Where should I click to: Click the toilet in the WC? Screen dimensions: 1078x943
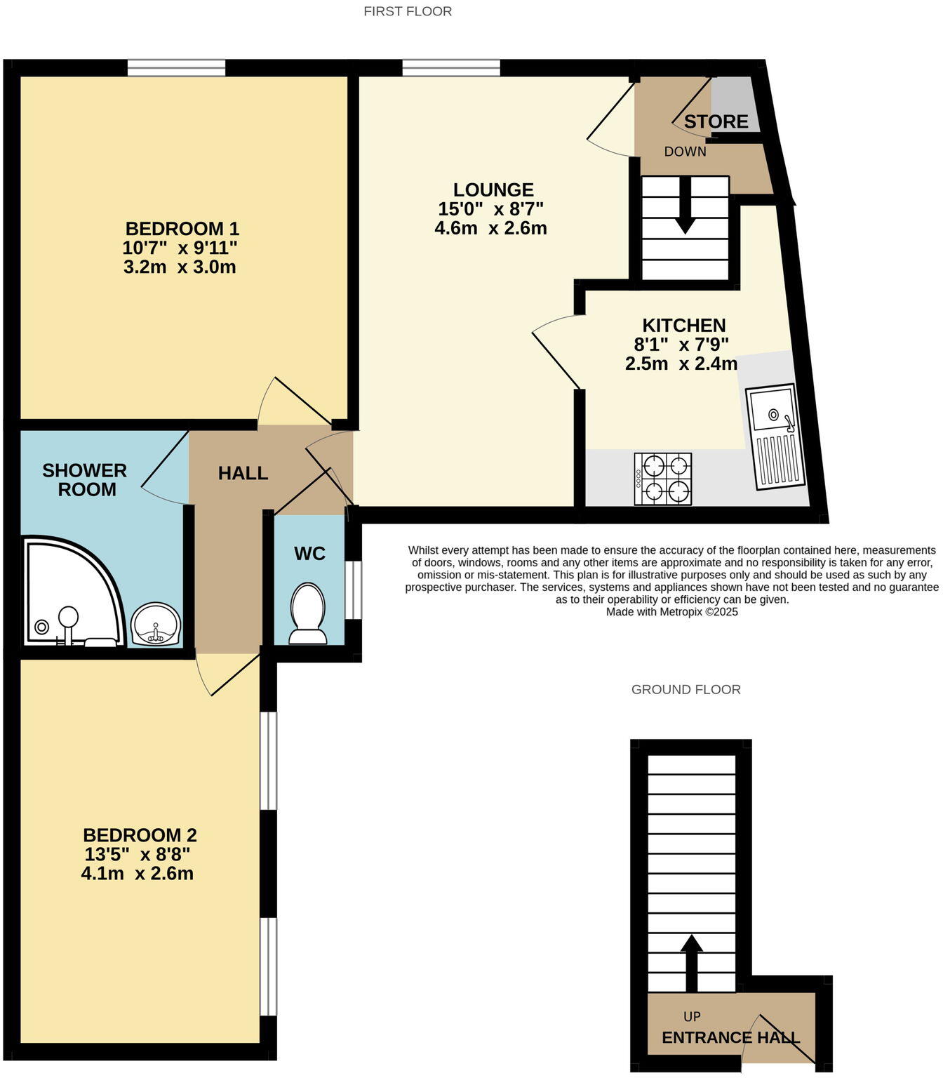[307, 612]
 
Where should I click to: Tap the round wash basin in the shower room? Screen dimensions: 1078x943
[156, 624]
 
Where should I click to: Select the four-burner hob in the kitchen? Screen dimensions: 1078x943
[663, 479]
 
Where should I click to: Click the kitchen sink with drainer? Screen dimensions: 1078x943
[776, 436]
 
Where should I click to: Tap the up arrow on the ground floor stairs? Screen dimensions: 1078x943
[692, 961]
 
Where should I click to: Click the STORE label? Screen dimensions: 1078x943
[716, 121]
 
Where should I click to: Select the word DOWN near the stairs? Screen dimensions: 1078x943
[685, 152]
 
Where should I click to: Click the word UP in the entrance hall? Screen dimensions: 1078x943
[692, 1016]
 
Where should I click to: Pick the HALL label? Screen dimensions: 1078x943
[243, 473]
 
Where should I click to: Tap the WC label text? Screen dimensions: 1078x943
[309, 554]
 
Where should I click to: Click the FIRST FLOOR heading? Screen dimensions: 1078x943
[408, 11]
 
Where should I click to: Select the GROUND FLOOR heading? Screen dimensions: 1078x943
[685, 689]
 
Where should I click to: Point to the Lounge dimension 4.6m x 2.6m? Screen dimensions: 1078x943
[490, 228]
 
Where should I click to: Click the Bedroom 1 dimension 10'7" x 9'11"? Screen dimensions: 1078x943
[180, 248]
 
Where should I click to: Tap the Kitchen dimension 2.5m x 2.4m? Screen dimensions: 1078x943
[681, 364]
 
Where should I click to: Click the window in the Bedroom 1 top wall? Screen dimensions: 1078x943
[176, 68]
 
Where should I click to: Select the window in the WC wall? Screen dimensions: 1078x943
[356, 590]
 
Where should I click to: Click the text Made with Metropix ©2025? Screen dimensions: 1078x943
[671, 612]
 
